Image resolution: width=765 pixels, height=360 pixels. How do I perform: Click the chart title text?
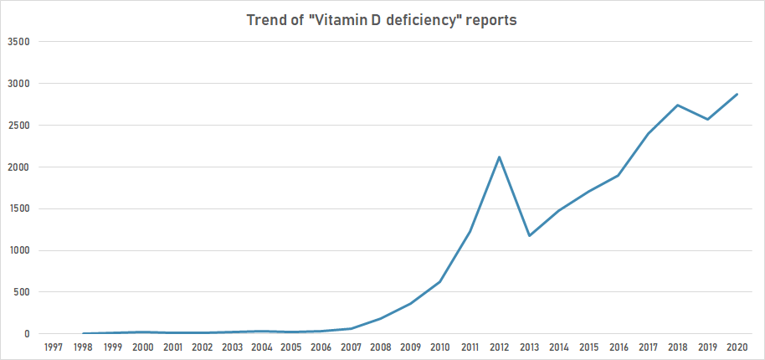(382, 20)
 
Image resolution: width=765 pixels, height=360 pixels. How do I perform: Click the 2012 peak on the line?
(500, 157)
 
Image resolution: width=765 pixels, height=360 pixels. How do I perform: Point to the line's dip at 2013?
(529, 235)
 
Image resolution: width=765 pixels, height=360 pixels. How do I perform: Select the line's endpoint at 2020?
(737, 94)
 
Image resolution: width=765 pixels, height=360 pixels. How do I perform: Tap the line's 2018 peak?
(677, 105)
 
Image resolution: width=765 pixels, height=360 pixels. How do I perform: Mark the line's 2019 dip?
(707, 119)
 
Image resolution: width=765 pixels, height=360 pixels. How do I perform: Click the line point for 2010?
(440, 281)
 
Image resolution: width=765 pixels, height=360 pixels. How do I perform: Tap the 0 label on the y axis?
(26, 334)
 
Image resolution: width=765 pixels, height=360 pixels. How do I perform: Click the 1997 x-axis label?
(53, 347)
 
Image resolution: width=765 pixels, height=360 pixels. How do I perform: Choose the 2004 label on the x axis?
(262, 347)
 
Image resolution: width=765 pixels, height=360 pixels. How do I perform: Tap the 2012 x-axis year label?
(500, 347)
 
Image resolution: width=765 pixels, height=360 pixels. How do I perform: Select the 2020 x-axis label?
(737, 347)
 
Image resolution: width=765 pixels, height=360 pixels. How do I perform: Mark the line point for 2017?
(648, 134)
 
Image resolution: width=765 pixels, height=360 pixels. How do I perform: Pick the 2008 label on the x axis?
(381, 347)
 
